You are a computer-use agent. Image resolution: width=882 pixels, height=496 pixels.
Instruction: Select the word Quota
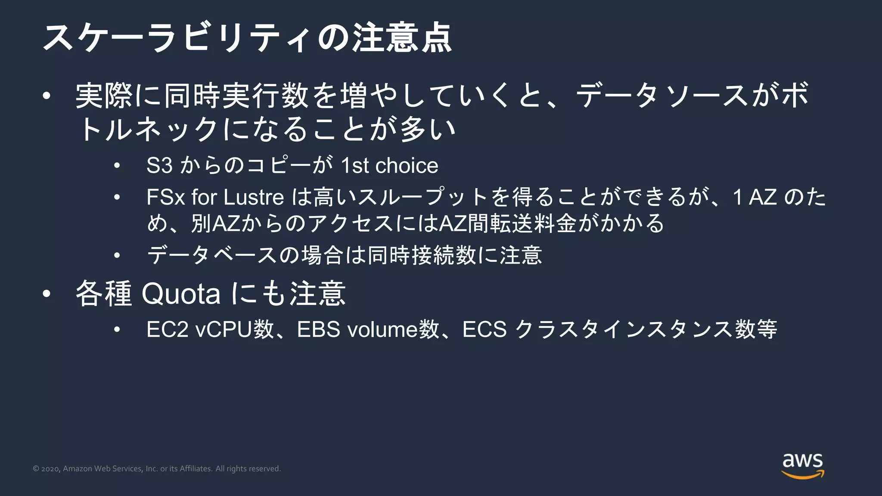181,294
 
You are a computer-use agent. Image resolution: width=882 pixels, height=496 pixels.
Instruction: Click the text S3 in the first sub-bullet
159,166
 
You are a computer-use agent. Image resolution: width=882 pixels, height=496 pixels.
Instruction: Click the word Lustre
254,198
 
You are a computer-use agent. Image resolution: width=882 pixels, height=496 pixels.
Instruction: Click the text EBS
318,330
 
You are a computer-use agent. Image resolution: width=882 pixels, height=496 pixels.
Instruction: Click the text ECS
484,330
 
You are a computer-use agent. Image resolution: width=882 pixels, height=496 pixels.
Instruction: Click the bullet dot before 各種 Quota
47,294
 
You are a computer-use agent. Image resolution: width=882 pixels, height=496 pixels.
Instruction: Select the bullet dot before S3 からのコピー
117,166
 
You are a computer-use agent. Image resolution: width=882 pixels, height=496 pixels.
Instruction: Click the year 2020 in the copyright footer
50,469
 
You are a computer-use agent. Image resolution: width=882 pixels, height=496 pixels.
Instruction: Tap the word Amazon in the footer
78,469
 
